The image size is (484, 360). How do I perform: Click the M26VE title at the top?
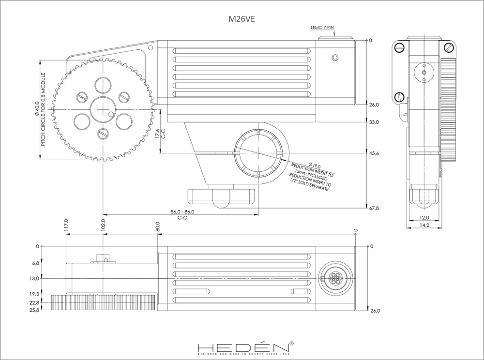242,20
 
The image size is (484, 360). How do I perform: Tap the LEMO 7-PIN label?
322,29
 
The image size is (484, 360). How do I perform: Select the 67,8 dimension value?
374,209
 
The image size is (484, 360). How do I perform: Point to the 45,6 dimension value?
374,153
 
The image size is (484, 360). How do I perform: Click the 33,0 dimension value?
374,122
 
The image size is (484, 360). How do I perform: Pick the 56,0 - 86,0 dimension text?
183,212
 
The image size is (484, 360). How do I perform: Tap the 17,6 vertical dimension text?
158,134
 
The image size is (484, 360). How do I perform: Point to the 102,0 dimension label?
103,225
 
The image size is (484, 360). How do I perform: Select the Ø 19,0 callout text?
304,166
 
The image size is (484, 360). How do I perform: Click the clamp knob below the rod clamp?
221,196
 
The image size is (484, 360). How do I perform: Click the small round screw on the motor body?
335,58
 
